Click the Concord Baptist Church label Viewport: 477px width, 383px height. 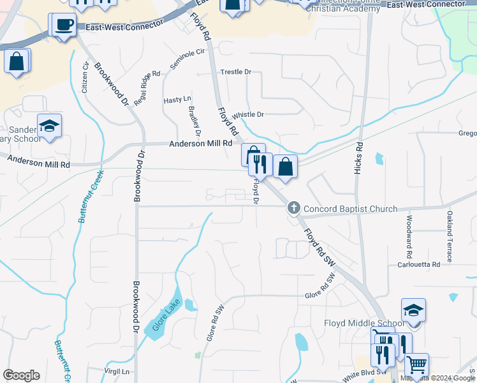[x=350, y=209]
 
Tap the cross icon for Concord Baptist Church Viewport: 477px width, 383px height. [x=293, y=207]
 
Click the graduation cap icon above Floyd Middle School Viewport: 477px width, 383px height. [x=413, y=311]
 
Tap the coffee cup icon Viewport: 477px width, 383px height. [x=64, y=26]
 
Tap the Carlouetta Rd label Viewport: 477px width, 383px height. [x=418, y=264]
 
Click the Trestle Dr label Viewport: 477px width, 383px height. [x=236, y=72]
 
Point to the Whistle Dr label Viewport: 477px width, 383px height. [x=247, y=115]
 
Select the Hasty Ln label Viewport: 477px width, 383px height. [x=177, y=100]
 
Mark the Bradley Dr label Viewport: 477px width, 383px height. [x=194, y=121]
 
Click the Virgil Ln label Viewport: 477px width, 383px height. [x=117, y=371]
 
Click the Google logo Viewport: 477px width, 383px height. [x=21, y=375]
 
